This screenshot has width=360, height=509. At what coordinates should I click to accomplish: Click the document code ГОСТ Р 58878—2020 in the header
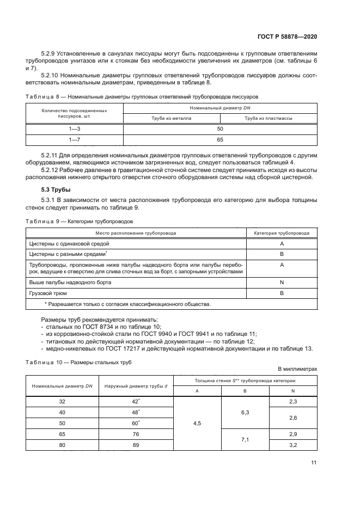click(287, 36)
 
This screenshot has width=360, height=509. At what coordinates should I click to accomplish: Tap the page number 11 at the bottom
click(314, 463)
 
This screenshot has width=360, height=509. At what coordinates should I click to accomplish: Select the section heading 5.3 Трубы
click(52, 190)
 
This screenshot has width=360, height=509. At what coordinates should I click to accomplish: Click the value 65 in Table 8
click(220, 139)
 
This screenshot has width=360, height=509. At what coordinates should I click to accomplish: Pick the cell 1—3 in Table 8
click(74, 129)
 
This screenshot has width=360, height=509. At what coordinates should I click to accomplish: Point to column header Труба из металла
click(171, 118)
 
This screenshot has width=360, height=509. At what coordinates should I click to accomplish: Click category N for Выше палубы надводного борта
click(282, 283)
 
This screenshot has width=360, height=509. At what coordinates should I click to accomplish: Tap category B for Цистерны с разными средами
click(282, 254)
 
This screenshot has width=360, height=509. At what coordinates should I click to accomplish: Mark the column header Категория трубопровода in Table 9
click(282, 232)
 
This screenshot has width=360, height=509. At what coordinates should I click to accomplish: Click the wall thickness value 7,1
click(245, 440)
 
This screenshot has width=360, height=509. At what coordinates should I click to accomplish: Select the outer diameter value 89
click(136, 445)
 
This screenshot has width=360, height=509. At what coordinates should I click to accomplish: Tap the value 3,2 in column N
click(293, 445)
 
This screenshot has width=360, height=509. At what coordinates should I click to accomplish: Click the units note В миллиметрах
click(297, 369)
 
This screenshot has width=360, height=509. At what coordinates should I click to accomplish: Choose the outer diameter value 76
click(136, 434)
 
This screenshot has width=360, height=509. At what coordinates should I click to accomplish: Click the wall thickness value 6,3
click(245, 413)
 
